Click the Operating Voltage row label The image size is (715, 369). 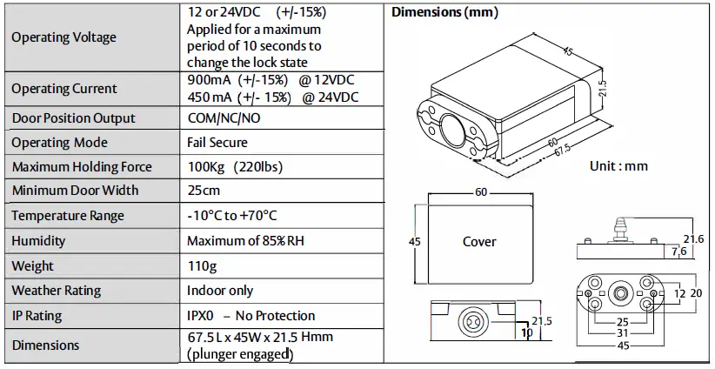coord(63,37)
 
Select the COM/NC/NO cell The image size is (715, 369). coord(223,118)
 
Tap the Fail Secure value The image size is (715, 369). coord(217,143)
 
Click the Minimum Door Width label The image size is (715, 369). coord(75,191)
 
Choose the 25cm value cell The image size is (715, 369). coord(204,191)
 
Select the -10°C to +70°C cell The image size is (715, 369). coord(231,216)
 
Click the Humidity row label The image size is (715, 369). coord(38,241)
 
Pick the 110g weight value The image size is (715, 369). coord(202,266)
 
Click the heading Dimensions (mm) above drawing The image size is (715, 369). coord(445,12)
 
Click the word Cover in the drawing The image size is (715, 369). coord(479,241)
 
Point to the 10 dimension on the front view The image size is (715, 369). coord(527,332)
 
